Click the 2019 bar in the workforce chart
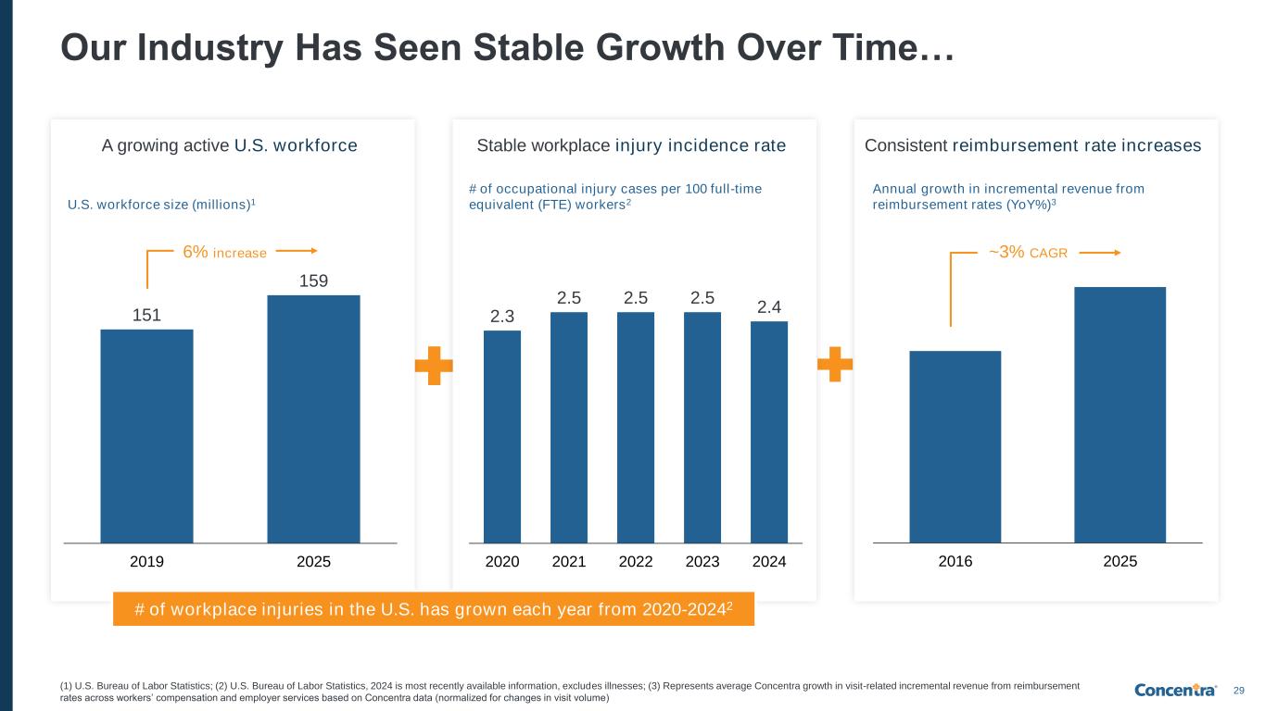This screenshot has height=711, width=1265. [x=146, y=435]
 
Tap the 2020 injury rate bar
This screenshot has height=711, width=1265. [x=502, y=436]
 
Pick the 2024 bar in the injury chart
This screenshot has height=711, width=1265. [x=769, y=431]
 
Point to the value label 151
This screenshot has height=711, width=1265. [x=146, y=315]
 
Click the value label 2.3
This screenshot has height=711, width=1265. [x=502, y=317]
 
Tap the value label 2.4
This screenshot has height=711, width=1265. [x=769, y=306]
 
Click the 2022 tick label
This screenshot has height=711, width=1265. [x=636, y=561]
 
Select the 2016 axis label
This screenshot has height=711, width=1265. [x=955, y=561]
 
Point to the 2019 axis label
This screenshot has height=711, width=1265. [x=146, y=561]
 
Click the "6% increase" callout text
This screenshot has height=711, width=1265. [x=224, y=252]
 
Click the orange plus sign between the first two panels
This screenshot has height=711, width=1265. [x=434, y=367]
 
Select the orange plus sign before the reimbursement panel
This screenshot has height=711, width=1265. [x=835, y=364]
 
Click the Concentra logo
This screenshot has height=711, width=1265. [x=1175, y=691]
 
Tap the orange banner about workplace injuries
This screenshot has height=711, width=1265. [x=434, y=608]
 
